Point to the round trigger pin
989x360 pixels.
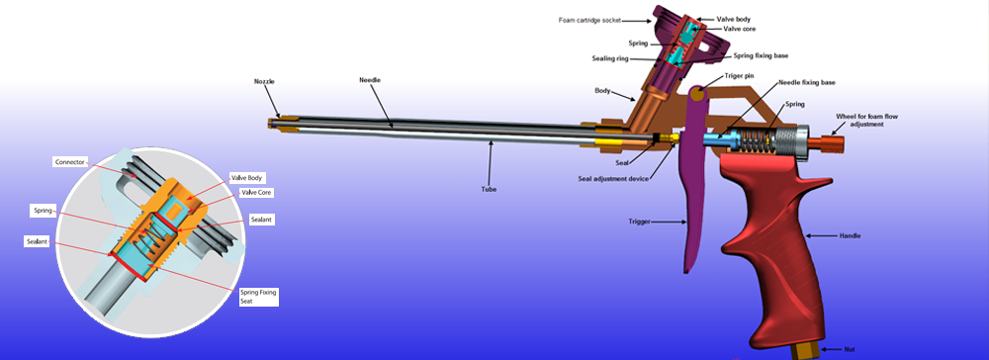pos(697,94)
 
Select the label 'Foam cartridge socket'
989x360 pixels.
pos(589,20)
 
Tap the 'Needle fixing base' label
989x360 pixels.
pos(807,83)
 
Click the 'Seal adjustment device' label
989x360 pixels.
pos(614,178)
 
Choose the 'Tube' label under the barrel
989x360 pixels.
pos(489,189)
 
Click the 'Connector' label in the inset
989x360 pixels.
pos(69,162)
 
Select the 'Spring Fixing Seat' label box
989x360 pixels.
pos(258,297)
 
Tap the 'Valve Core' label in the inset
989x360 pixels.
pos(256,192)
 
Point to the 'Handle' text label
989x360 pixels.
pos(850,235)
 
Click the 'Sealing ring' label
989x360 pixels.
pos(608,58)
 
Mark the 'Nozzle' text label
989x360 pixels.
pos(265,82)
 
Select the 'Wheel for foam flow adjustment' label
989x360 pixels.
pos(866,120)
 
